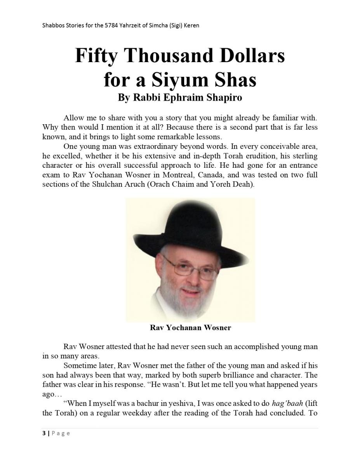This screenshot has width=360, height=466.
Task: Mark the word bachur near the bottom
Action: pos(136,403)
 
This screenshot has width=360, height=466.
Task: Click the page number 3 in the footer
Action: pos(44,433)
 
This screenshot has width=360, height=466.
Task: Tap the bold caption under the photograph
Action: pos(190,328)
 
